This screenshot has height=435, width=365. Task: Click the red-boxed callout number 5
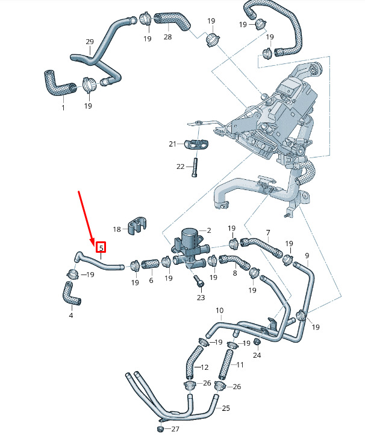click(x=101, y=247)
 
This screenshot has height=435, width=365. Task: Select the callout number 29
click(x=90, y=42)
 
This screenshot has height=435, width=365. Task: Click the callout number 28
click(x=167, y=37)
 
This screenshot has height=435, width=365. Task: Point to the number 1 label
click(x=63, y=107)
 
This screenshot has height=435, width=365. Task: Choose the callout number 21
click(x=172, y=144)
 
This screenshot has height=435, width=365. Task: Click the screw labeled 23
click(x=199, y=281)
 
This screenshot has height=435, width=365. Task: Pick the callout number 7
click(x=268, y=233)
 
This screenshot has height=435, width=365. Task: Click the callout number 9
click(x=307, y=256)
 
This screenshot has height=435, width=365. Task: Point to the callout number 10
click(x=219, y=311)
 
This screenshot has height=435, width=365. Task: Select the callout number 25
click(x=226, y=408)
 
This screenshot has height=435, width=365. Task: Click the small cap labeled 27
click(x=161, y=428)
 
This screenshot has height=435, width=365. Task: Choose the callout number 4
click(x=70, y=315)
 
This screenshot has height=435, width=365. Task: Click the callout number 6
click(x=151, y=281)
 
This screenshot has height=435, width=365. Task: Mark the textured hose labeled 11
click(x=228, y=361)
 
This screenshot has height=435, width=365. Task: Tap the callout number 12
click(x=205, y=367)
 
